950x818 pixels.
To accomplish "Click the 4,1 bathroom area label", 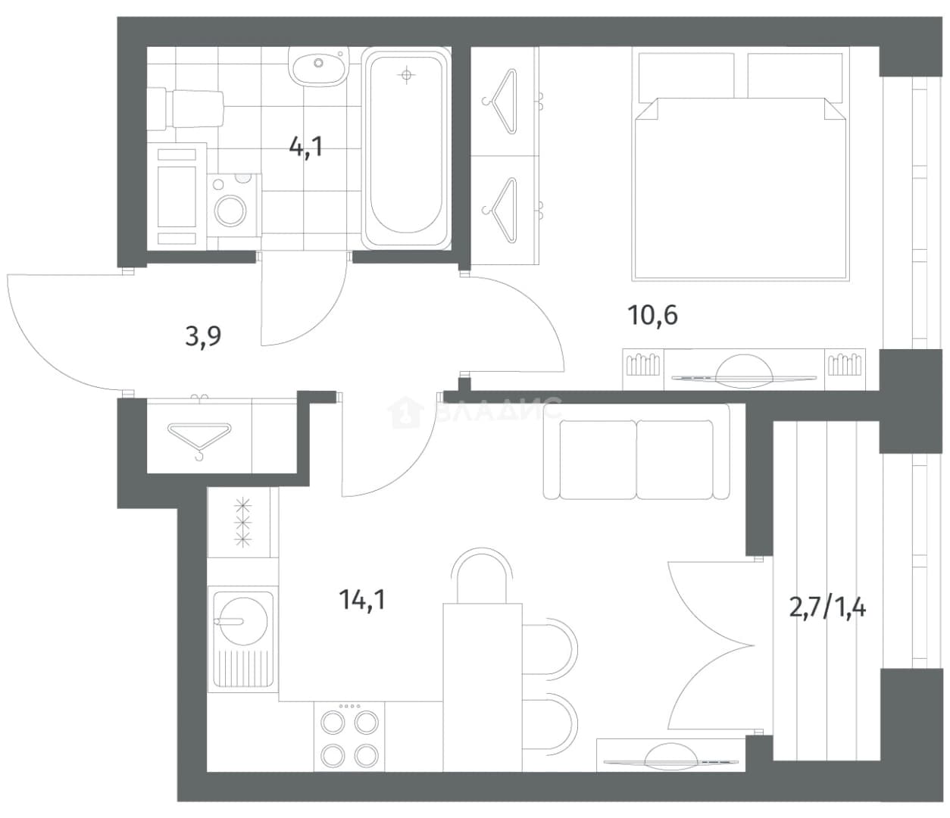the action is (306, 147).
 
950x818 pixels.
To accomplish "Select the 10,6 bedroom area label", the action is (652, 315).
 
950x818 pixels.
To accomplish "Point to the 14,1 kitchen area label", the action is (362, 599).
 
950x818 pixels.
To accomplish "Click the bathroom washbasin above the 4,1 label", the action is (317, 66).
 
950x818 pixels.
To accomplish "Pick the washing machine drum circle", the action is (230, 211).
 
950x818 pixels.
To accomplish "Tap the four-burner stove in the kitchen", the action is (349, 737).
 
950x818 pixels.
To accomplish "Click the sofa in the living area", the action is (636, 451).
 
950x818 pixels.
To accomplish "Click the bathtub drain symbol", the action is (406, 74).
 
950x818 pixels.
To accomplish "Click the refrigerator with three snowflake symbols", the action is (243, 523).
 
